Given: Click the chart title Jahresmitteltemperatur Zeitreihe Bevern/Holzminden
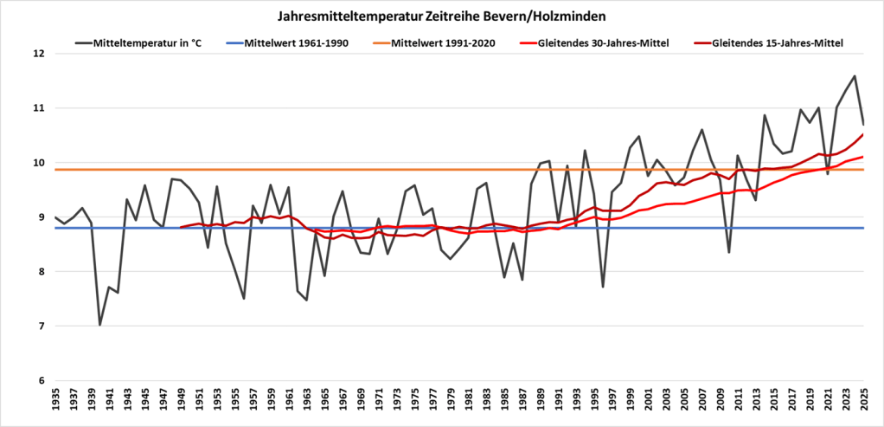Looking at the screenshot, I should [x=442, y=16].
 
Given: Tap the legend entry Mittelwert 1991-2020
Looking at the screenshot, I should [x=444, y=42].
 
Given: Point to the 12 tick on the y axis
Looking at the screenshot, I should [x=38, y=54].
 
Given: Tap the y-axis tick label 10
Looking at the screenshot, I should [x=38, y=163].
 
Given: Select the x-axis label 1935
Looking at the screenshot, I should [x=55, y=404].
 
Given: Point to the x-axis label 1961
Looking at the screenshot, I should [x=289, y=404].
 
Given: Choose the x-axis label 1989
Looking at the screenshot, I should [x=541, y=404].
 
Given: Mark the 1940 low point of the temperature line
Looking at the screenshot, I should [x=100, y=325].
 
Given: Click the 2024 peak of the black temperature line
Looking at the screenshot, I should [x=855, y=76].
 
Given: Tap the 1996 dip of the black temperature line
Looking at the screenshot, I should [x=603, y=287].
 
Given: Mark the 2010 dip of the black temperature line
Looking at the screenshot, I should [x=729, y=252].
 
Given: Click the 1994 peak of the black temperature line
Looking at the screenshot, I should [x=585, y=151].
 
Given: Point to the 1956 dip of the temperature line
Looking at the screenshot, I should [x=244, y=298].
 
